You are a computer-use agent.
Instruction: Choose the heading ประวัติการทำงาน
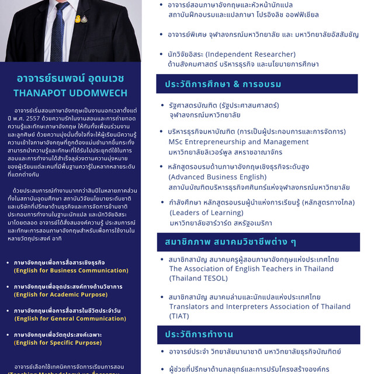pyautogui.click(x=199, y=334)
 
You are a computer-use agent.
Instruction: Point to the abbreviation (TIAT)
pyautogui.click(x=180, y=316)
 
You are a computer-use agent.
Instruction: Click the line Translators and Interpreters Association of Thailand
pyautogui.click(x=259, y=307)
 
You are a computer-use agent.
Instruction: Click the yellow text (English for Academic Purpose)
pyautogui.click(x=61, y=295)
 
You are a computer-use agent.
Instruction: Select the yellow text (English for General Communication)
pyautogui.click(x=70, y=318)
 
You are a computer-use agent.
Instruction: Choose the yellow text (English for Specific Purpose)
pyautogui.click(x=58, y=342)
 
